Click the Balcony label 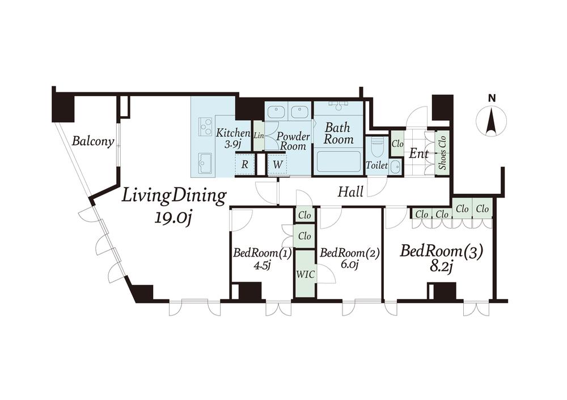(93, 141)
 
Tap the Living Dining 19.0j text (174, 206)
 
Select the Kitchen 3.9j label (233, 139)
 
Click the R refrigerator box (245, 165)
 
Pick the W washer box (277, 165)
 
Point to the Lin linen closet (259, 136)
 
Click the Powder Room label (293, 141)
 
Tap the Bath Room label (338, 133)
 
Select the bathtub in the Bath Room (338, 162)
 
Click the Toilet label (377, 165)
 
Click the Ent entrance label (419, 154)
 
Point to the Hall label (350, 192)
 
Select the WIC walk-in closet (305, 274)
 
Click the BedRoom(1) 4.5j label (262, 259)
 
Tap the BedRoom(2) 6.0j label (349, 259)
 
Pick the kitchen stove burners (206, 127)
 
